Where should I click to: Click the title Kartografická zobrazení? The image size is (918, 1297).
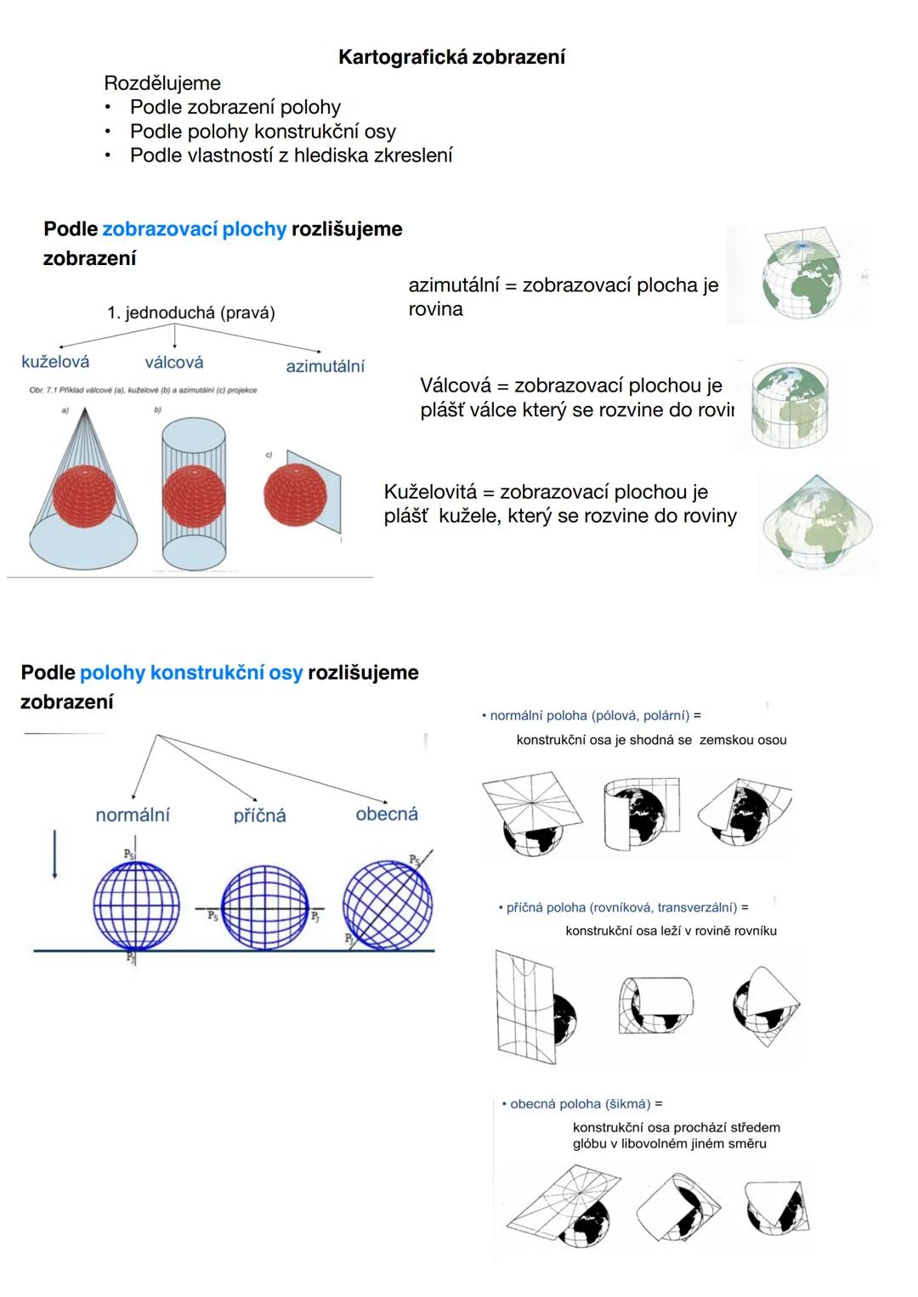point(451,57)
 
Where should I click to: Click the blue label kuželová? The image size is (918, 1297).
point(55,362)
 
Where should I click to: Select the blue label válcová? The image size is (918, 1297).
point(174,363)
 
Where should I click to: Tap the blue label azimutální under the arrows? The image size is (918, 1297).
point(325,366)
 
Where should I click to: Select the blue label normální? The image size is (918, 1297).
point(133,815)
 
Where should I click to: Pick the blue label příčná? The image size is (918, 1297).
point(260,816)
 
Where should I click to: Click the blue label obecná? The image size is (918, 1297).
point(387,814)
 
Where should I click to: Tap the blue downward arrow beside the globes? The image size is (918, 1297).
point(54,854)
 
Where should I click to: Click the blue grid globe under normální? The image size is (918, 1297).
point(136,905)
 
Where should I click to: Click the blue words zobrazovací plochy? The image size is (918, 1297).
point(195,229)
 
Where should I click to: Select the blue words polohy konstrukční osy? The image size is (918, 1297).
point(191,673)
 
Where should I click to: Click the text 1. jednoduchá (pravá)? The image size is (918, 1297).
point(191,313)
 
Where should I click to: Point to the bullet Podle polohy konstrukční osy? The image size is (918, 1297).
point(263,132)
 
